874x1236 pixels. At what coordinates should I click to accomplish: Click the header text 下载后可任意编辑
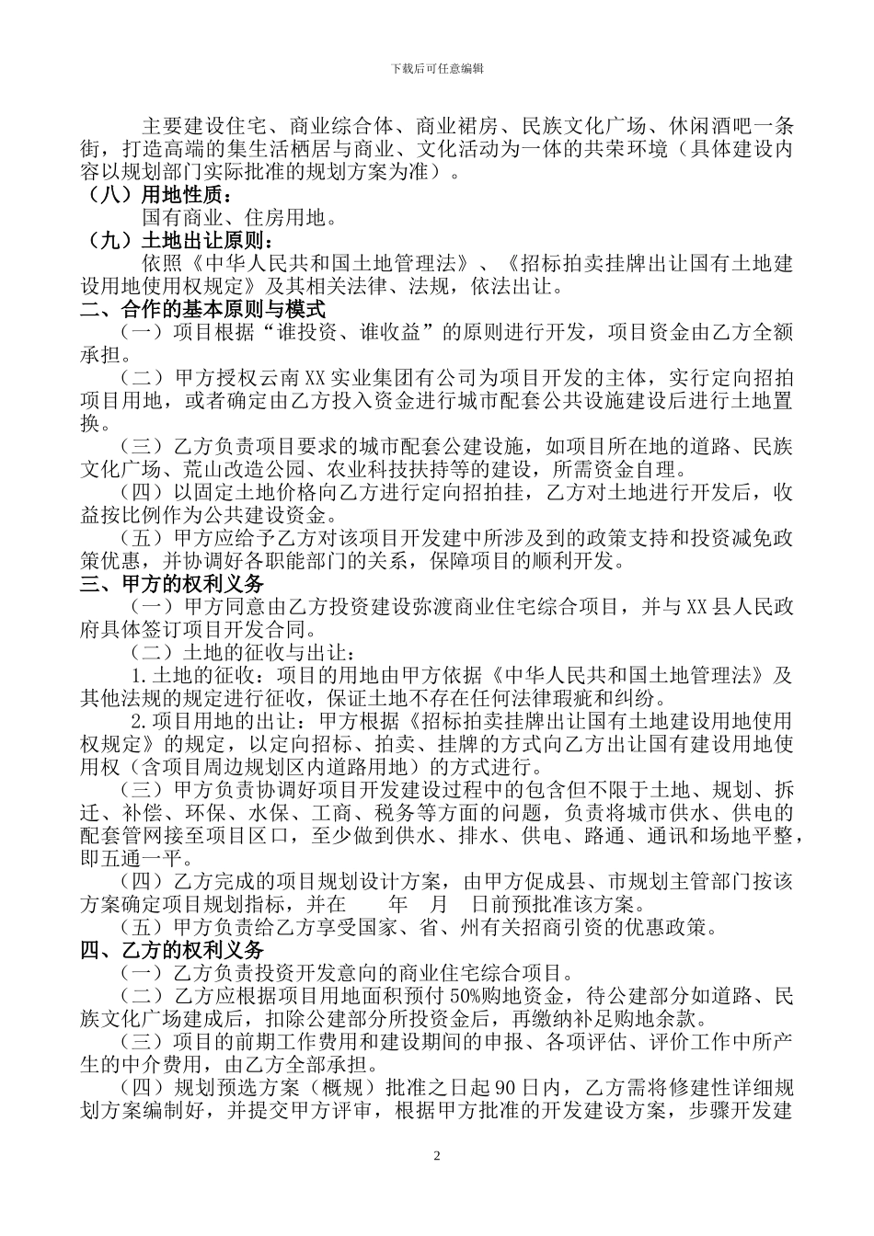point(437,68)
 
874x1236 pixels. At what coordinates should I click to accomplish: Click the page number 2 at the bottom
point(437,1154)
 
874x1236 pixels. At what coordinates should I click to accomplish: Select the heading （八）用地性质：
point(156,195)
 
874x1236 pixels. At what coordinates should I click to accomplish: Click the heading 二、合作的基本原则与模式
point(202,310)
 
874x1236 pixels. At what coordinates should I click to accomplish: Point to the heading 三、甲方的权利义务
point(172,584)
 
